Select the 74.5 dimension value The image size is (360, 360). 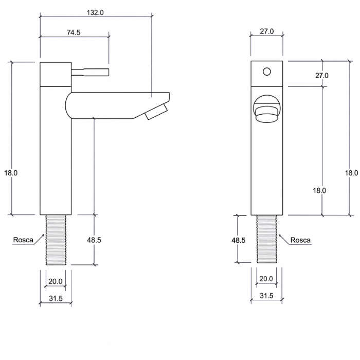74,32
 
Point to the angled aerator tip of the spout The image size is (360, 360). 156,111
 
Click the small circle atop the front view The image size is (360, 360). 266,70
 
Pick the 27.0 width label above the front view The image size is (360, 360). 266,31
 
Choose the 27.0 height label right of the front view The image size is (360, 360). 322,76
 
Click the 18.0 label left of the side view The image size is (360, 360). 11,173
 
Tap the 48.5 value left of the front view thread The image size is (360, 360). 239,240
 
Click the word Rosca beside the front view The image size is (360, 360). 300,240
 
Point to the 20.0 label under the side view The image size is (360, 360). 55,281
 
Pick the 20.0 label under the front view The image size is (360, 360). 266,279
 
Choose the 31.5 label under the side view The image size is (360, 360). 55,299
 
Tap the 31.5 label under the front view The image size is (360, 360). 266,296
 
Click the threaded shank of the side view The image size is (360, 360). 55,240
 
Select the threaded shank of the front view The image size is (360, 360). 266,240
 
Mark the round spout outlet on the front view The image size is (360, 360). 266,110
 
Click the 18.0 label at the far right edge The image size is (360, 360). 351,173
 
